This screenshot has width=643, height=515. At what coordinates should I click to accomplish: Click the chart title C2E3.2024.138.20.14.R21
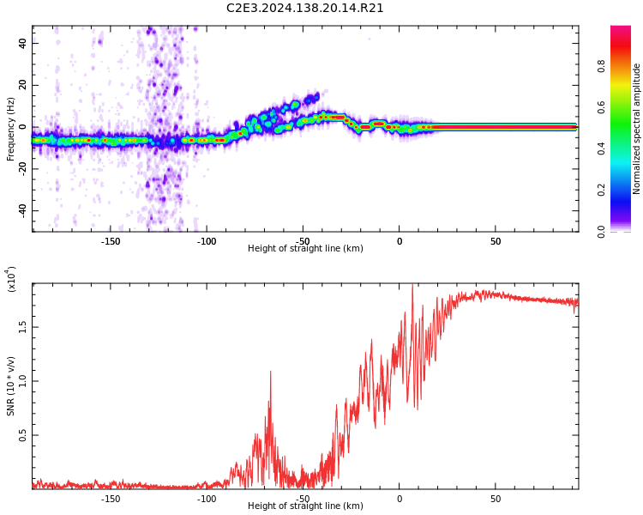click(305, 9)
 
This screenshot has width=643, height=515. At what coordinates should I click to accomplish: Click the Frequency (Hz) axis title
click(11, 129)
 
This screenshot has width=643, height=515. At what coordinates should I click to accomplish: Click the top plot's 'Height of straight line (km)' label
click(305, 249)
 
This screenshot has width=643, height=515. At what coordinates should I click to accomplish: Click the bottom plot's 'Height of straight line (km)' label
click(305, 506)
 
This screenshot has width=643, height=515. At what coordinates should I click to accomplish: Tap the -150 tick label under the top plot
click(111, 242)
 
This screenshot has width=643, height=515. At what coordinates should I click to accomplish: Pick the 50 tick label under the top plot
click(496, 242)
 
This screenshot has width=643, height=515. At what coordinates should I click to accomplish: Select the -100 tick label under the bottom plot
click(207, 499)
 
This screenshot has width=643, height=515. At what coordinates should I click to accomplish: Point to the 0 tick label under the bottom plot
click(400, 499)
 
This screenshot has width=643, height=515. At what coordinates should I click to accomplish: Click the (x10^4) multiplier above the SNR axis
click(11, 280)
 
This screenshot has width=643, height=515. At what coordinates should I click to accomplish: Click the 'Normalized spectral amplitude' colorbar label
click(637, 129)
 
